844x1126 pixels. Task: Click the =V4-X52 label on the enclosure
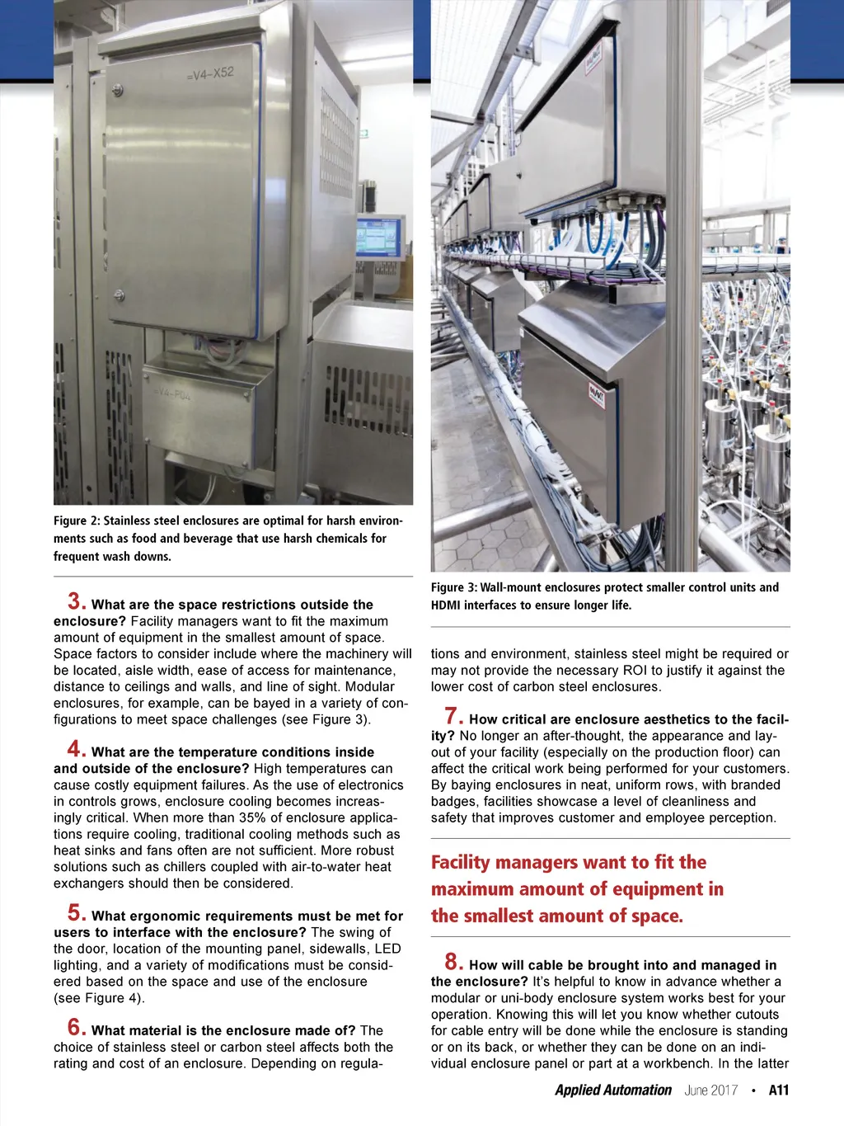click(210, 73)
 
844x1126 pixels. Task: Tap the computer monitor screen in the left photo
click(378, 238)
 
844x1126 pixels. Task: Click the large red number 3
click(77, 601)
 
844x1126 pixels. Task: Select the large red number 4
click(77, 749)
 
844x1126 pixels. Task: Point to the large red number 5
click(77, 912)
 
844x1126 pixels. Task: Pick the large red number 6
click(77, 1027)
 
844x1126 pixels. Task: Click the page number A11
click(779, 1090)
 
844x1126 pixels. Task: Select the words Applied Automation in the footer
click(613, 1090)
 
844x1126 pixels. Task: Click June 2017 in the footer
click(710, 1090)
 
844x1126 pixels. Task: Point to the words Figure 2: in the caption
click(77, 521)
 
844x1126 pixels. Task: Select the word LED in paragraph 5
click(387, 949)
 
